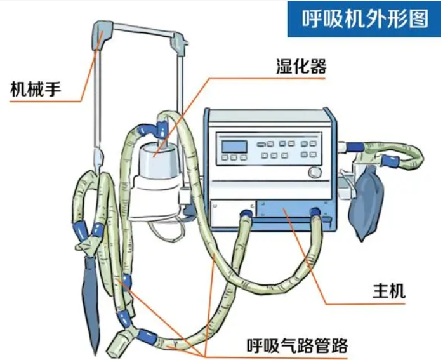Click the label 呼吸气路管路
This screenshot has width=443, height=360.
[x=298, y=346]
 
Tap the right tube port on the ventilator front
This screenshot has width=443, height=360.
[x=315, y=213]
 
